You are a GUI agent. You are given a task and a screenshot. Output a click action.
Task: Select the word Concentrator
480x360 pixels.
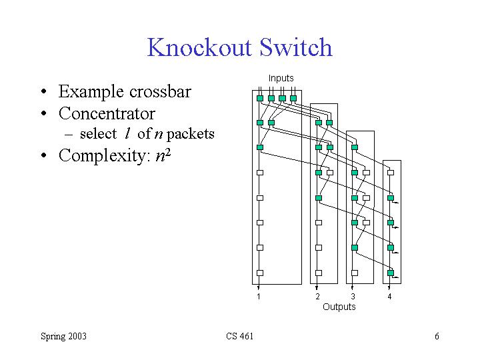pyautogui.click(x=107, y=113)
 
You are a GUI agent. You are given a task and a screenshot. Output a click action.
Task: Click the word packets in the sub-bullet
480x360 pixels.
pyautogui.click(x=191, y=134)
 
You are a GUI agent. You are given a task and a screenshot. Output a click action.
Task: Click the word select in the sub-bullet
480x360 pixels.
pyautogui.click(x=97, y=134)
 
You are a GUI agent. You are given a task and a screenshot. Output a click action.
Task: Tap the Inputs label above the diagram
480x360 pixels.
pyautogui.click(x=281, y=78)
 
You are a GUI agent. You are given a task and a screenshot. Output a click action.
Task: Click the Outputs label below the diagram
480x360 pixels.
pyautogui.click(x=339, y=307)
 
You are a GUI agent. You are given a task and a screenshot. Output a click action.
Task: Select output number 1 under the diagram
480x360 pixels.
pyautogui.click(x=259, y=297)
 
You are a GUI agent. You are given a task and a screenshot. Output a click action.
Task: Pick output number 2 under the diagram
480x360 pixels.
pyautogui.click(x=317, y=297)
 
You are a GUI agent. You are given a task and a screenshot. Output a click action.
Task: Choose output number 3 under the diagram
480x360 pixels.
pyautogui.click(x=353, y=297)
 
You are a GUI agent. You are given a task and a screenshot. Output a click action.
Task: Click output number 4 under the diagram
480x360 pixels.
pyautogui.click(x=389, y=297)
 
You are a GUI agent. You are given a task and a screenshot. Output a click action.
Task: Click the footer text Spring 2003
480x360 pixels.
pyautogui.click(x=63, y=336)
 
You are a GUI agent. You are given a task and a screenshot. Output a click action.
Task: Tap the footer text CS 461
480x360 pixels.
pyautogui.click(x=239, y=336)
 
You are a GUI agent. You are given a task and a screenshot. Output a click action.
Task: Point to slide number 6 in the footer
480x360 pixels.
pyautogui.click(x=437, y=336)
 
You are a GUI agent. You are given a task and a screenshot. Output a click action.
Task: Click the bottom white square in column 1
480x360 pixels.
pyautogui.click(x=260, y=273)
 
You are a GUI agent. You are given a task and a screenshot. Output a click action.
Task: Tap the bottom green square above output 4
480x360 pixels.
pyautogui.click(x=391, y=273)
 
